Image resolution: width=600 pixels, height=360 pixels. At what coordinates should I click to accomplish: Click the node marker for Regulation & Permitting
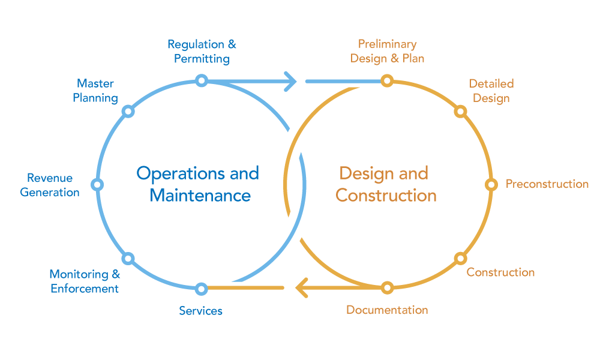tap(202, 80)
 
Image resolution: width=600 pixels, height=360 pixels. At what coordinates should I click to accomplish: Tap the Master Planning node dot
tap(128, 111)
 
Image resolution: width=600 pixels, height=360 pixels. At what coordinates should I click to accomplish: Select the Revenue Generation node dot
tap(97, 184)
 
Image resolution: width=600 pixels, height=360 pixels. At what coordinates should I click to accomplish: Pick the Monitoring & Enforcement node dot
tap(128, 258)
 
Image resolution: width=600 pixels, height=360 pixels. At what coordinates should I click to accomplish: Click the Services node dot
tap(202, 288)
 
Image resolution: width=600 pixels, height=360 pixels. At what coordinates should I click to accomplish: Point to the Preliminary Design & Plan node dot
tap(387, 80)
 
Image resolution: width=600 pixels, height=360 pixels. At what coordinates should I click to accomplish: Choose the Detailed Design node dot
tap(460, 111)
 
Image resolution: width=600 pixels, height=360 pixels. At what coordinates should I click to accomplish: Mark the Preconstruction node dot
tap(491, 184)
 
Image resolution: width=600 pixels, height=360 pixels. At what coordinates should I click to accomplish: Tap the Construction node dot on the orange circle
tap(460, 258)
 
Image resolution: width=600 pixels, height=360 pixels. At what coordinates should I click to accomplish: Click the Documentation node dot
tap(387, 288)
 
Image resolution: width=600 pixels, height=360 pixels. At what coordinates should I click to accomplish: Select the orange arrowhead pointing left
tap(302, 288)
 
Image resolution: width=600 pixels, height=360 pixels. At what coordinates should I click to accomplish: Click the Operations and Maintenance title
tap(199, 184)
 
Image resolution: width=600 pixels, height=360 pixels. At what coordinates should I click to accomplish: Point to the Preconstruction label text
tap(547, 184)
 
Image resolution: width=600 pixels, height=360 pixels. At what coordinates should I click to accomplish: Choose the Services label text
tap(200, 311)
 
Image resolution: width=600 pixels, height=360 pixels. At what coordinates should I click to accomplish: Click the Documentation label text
tap(387, 310)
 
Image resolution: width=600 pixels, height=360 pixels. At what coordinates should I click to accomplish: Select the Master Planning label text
tap(95, 91)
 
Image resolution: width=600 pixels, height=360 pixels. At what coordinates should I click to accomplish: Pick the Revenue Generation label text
tap(50, 185)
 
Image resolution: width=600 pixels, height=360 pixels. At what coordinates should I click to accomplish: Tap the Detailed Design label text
tap(491, 91)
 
